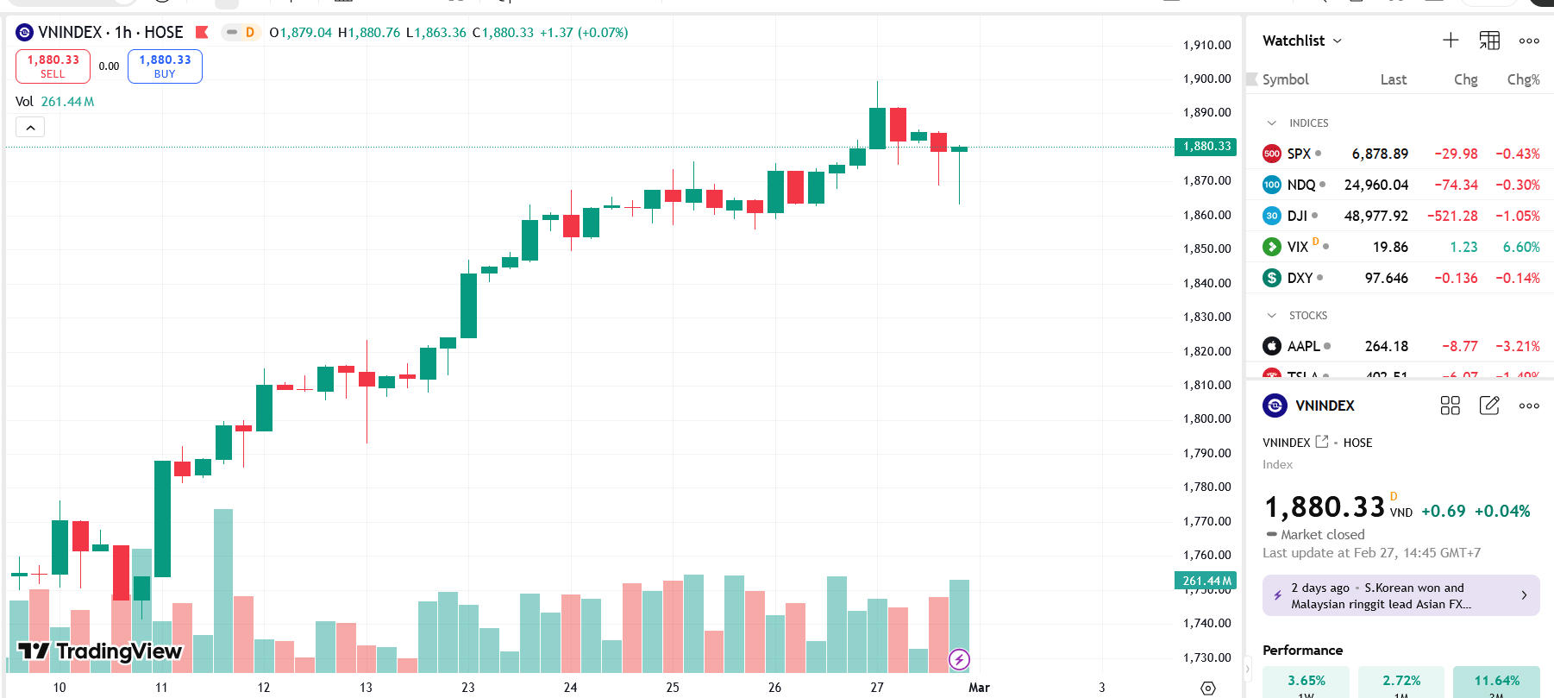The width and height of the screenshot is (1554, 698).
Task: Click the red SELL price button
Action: [x=53, y=66]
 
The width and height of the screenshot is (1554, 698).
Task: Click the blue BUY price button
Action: [x=165, y=66]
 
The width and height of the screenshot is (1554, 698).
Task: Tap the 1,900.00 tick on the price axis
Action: [x=1206, y=79]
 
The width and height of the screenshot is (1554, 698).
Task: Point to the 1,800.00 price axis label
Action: [x=1206, y=418]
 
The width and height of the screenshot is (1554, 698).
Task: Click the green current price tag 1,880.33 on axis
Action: [x=1206, y=147]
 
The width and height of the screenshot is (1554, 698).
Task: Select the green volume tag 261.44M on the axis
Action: [x=1206, y=581]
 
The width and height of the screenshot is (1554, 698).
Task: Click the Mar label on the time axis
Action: [x=979, y=688]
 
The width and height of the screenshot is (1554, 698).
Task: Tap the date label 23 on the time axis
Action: [x=468, y=688]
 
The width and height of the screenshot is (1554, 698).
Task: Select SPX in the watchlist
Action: [x=1299, y=154]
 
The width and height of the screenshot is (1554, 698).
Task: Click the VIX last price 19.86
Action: [x=1390, y=247]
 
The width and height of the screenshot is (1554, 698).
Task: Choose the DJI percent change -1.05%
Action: [x=1517, y=216]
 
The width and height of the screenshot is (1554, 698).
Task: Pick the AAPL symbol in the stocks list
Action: [x=1303, y=346]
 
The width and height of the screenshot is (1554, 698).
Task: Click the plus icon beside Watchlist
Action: [x=1451, y=41]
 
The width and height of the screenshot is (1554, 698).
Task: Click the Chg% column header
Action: [x=1523, y=79]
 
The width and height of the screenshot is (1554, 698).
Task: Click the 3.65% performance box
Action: [x=1306, y=681]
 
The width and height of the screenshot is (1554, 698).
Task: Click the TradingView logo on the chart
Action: [x=100, y=651]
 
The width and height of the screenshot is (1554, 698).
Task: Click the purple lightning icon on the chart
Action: [x=959, y=660]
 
